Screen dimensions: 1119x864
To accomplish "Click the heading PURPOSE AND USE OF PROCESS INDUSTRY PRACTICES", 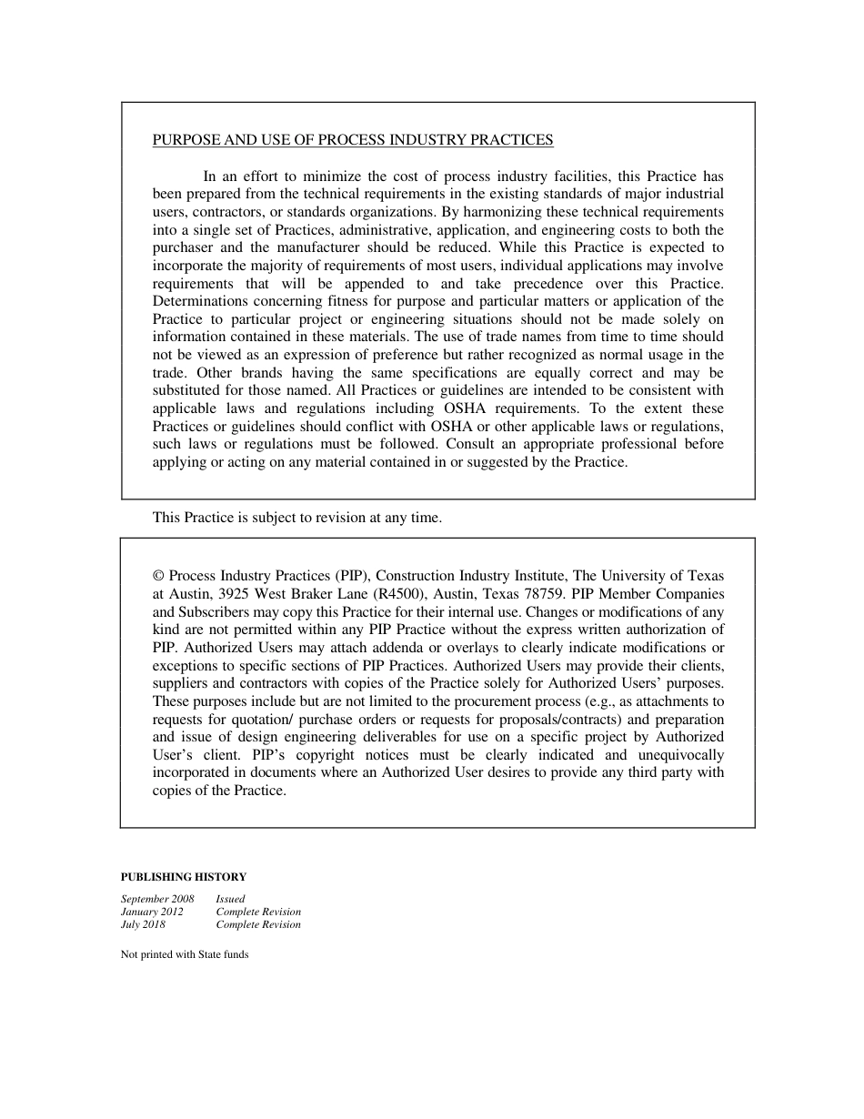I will click(x=353, y=140).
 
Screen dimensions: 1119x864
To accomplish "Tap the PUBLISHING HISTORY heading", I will click(x=183, y=877).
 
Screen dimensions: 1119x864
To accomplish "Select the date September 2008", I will click(x=157, y=899).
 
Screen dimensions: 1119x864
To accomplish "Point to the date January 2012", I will click(x=152, y=912).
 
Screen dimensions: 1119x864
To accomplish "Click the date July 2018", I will click(x=143, y=924).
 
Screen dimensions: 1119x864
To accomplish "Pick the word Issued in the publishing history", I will click(x=230, y=899).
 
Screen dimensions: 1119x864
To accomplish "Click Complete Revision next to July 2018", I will click(x=258, y=924).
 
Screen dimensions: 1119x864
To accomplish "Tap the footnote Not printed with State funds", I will click(x=185, y=954).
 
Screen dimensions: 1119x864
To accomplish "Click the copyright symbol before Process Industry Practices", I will click(x=158, y=576).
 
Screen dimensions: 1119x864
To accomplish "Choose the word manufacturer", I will click(x=324, y=247).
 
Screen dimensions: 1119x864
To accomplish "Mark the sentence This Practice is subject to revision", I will click(x=296, y=518).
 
